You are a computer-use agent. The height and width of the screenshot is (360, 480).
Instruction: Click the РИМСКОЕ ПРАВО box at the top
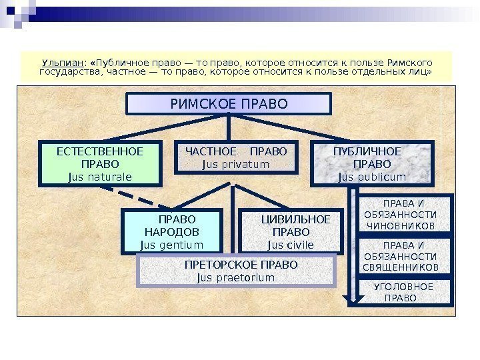229,104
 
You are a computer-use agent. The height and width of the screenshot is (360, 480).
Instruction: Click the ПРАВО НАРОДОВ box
171,231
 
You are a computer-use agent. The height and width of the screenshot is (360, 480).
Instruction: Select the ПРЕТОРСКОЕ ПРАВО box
236,271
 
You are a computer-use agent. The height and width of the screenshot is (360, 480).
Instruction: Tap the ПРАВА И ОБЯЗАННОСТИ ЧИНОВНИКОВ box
401,215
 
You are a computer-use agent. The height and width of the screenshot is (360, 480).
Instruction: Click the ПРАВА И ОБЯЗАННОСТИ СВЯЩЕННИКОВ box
401,256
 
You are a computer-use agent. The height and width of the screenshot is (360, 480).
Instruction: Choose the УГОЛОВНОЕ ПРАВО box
403,292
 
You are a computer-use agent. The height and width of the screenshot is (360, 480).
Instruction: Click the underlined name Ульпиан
60,62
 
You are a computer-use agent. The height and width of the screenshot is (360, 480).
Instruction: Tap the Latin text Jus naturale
100,177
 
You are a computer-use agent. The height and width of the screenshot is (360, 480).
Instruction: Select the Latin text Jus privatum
235,164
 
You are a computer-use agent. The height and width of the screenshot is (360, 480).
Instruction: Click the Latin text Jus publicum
371,177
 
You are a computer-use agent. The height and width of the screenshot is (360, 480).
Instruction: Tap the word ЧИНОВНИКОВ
401,226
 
